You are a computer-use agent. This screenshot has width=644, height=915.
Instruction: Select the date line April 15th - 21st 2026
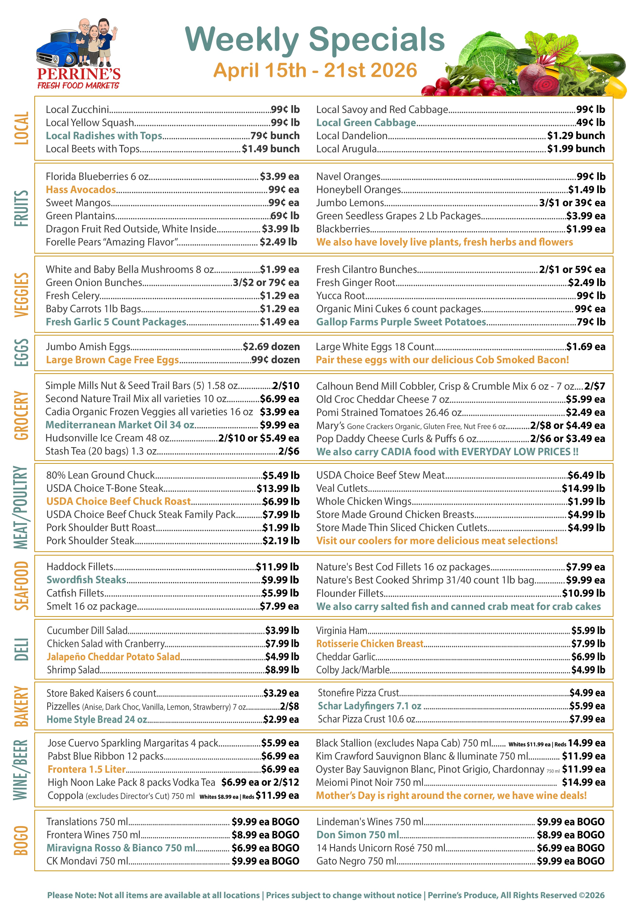coord(315,70)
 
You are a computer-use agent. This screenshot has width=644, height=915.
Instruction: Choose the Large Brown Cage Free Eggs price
coord(275,360)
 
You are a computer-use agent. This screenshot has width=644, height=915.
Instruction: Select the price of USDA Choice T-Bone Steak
coord(278,488)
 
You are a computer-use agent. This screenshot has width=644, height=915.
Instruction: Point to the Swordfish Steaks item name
coord(86,580)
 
